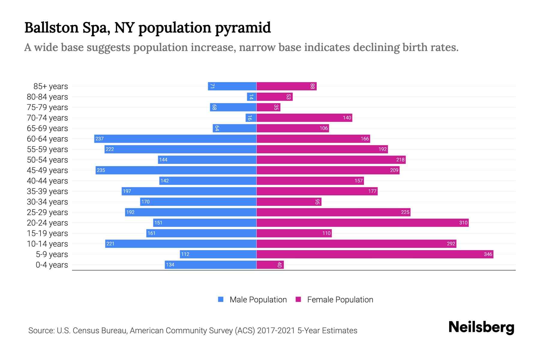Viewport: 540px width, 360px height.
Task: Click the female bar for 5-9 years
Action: tap(375, 254)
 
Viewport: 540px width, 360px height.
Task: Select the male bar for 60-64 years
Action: tap(175, 139)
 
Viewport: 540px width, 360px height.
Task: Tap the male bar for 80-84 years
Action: tap(251, 97)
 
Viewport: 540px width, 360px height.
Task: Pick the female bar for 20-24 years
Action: tap(362, 223)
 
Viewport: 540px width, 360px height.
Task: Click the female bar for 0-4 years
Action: tap(270, 265)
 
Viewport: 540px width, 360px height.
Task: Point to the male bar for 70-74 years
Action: tap(251, 118)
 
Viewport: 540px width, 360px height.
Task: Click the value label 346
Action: tap(488, 254)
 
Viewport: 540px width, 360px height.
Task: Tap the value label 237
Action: tap(100, 139)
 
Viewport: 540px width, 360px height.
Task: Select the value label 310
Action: tap(463, 223)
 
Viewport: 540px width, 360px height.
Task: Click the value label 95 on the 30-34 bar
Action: tap(317, 202)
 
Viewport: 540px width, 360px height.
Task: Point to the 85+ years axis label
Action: tap(51, 86)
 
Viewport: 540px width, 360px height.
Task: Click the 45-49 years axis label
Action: tap(47, 170)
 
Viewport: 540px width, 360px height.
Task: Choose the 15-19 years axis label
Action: tap(47, 233)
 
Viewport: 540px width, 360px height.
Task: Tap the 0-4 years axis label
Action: tap(52, 265)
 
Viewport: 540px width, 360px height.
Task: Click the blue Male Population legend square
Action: tap(221, 299)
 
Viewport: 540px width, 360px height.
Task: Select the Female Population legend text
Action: tap(340, 300)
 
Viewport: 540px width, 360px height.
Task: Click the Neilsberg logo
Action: tap(481, 327)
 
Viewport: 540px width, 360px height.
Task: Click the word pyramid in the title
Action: tap(243, 28)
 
